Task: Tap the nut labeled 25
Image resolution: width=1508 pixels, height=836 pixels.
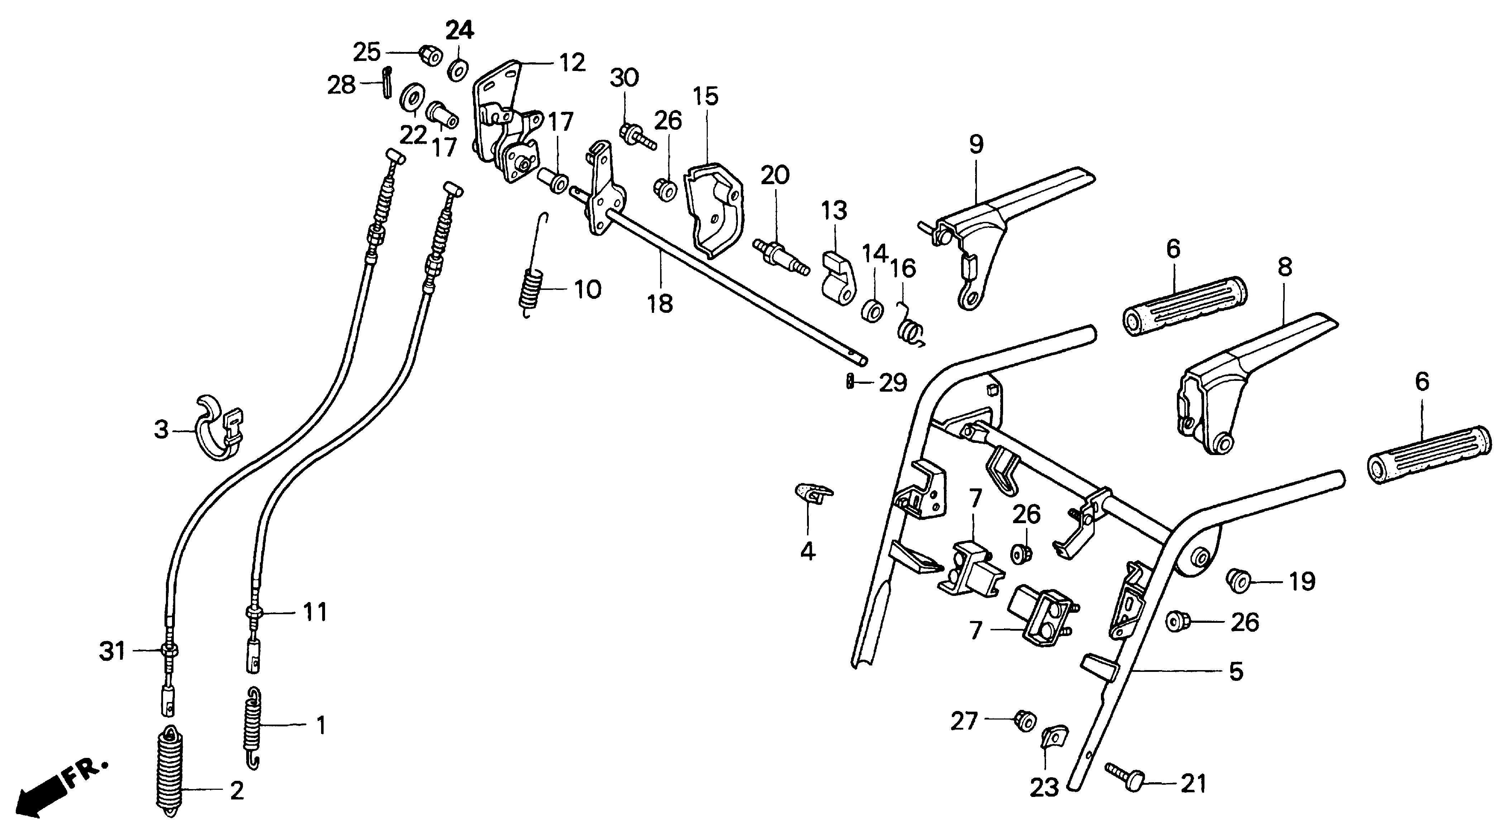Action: click(430, 56)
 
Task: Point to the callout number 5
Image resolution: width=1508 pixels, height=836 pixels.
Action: click(1235, 672)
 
